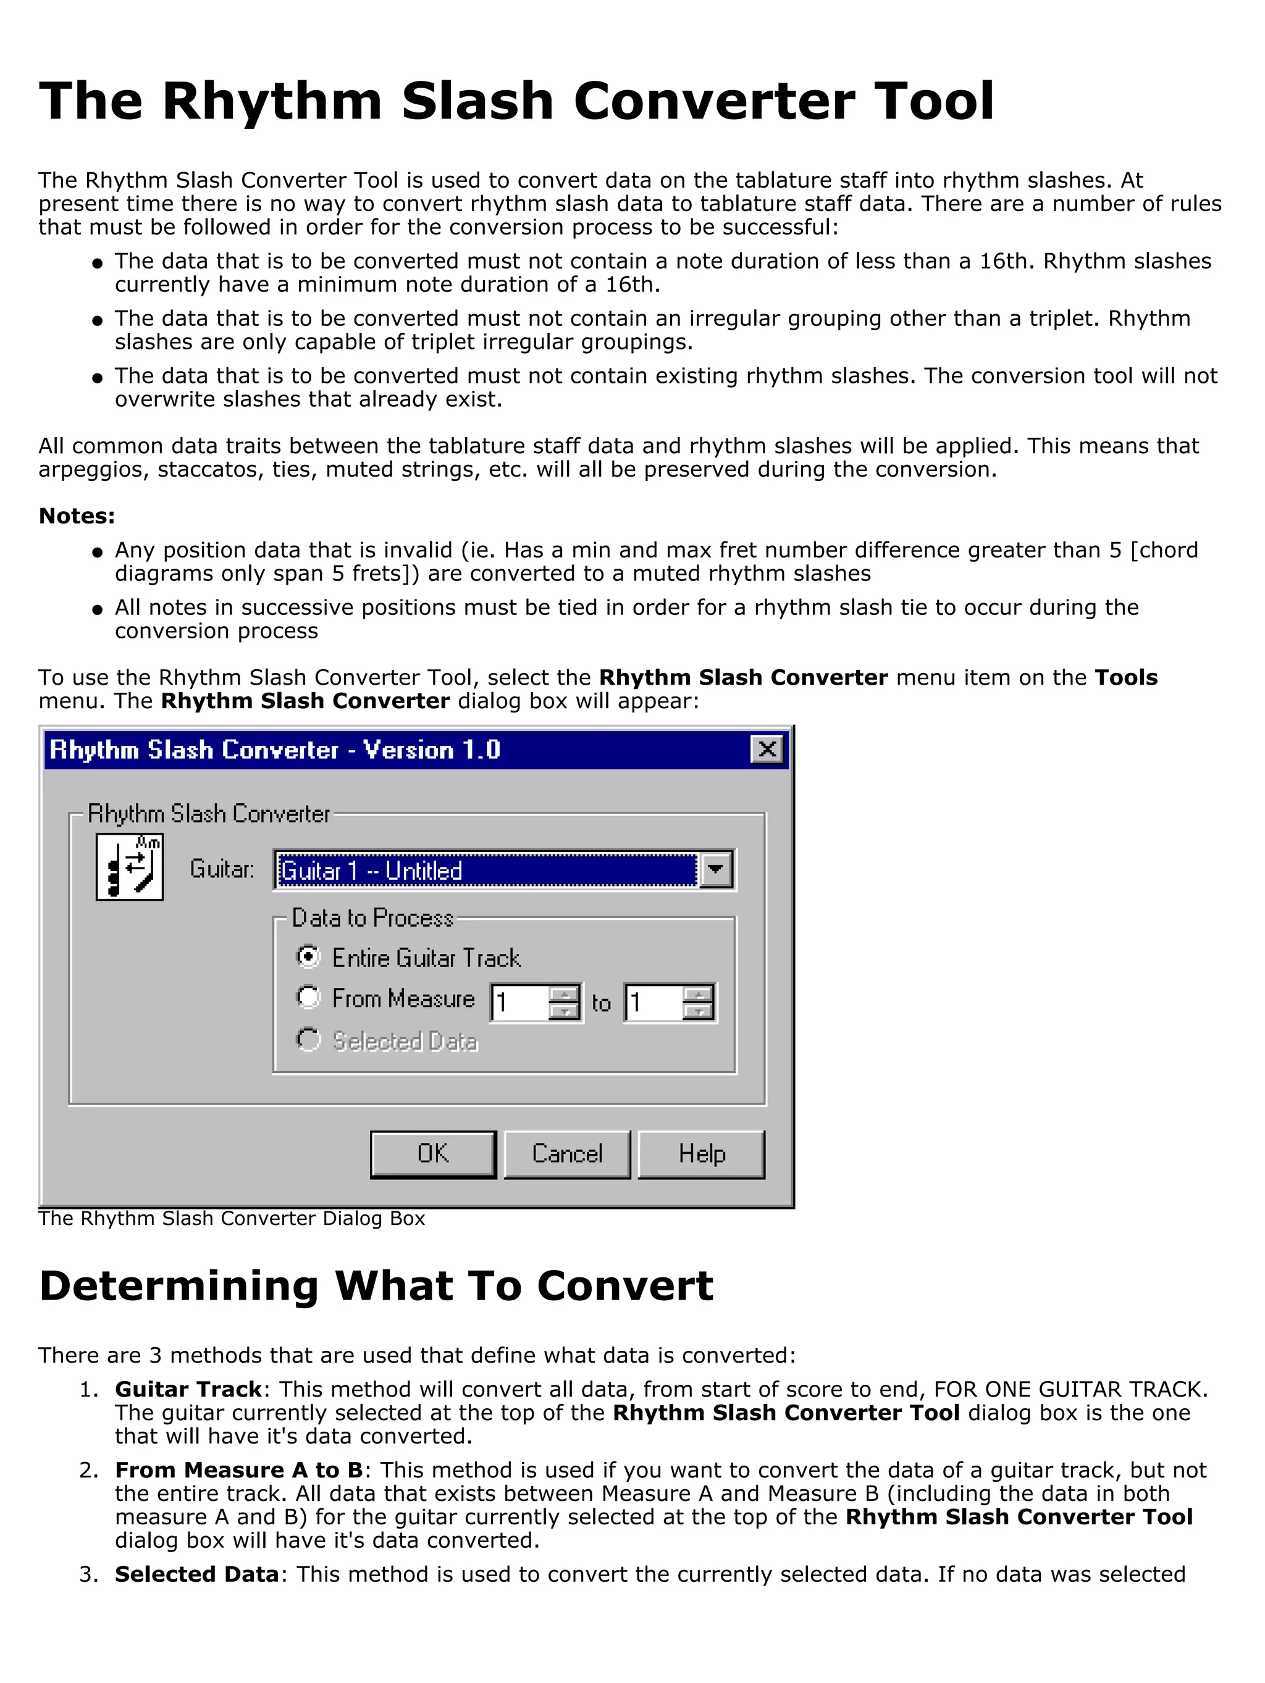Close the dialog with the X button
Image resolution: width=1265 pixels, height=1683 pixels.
[767, 750]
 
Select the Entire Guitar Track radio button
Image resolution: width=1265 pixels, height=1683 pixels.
[308, 956]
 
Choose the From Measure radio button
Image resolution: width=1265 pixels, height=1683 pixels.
[308, 998]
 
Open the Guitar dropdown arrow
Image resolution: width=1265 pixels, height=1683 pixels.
[715, 870]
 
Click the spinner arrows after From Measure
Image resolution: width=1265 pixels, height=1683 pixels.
[564, 1002]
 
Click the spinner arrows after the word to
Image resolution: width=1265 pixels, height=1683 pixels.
[698, 1002]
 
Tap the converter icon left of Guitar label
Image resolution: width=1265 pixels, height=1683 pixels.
[129, 867]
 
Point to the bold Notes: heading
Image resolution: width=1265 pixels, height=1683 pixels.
[77, 516]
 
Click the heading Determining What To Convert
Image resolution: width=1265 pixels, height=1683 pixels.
[376, 1286]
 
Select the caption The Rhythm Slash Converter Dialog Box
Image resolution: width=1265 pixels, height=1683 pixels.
[232, 1218]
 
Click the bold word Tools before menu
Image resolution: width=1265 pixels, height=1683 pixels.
[1125, 677]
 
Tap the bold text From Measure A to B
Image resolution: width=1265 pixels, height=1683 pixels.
[238, 1470]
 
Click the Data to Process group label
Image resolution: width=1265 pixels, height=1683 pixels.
[372, 917]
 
